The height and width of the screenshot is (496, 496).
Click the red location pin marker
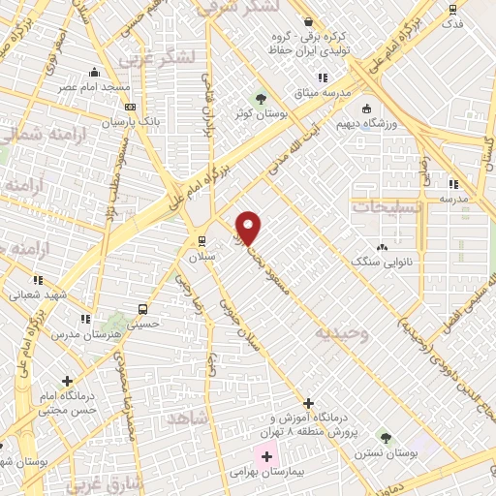tap(249, 227)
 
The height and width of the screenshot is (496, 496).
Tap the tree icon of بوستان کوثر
tap(260, 99)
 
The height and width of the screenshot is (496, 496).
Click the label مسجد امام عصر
tap(93, 87)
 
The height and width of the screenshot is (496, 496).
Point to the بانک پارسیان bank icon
tap(131, 107)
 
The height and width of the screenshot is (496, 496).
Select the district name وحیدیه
tap(341, 332)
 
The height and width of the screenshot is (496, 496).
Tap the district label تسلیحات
tap(387, 207)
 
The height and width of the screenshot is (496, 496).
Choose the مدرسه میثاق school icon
tap(323, 77)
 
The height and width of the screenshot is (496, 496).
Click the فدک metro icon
tap(453, 9)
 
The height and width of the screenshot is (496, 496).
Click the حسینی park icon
tap(119, 317)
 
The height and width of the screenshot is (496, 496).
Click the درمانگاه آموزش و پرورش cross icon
tap(308, 403)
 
